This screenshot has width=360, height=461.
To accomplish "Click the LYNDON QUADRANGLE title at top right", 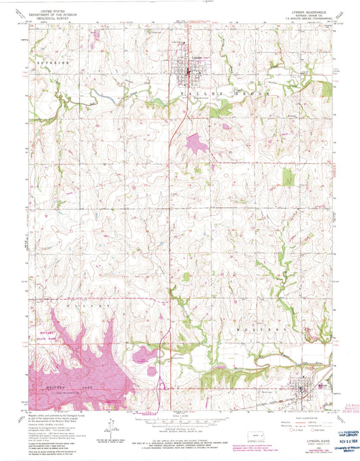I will pyautogui.click(x=305, y=11).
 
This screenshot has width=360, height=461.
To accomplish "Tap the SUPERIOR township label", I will pyautogui.click(x=53, y=61).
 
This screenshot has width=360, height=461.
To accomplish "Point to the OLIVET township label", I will pyautogui.click(x=88, y=305).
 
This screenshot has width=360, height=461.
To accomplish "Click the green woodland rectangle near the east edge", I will pyautogui.click(x=289, y=178).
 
